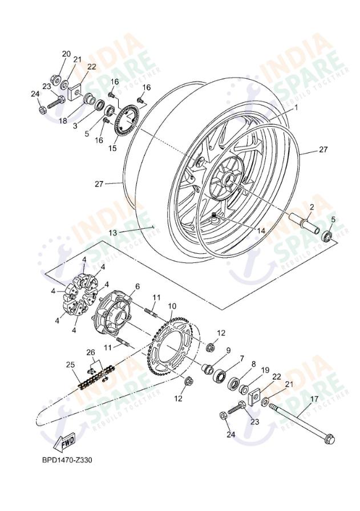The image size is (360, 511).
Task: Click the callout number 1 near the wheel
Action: (x=296, y=107)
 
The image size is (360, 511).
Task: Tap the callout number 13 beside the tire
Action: (x=113, y=233)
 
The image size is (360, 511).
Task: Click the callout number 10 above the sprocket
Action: (x=172, y=306)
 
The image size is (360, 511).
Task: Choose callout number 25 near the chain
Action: (x=70, y=364)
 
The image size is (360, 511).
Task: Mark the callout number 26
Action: (x=90, y=352)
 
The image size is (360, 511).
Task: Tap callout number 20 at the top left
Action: (x=66, y=54)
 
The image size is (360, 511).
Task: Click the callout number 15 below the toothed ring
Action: (x=112, y=148)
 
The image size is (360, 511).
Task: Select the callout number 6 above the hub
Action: (x=137, y=286)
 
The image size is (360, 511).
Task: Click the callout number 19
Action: (x=265, y=370)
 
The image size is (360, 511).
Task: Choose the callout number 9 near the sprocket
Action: (x=228, y=350)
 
